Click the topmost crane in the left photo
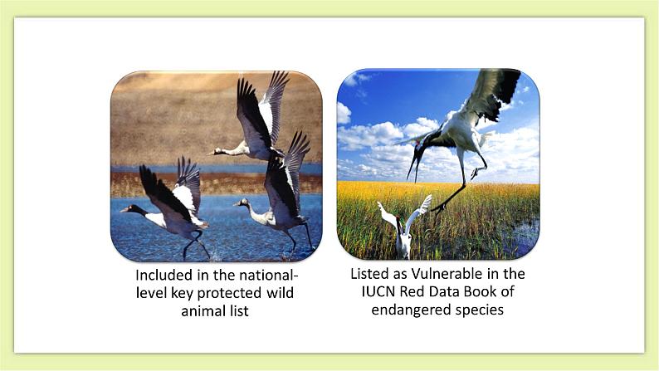pyautogui.click(x=253, y=124)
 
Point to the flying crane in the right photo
pyautogui.click(x=461, y=124)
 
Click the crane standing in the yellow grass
pyautogui.click(x=404, y=228)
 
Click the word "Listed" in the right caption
pyautogui.click(x=370, y=273)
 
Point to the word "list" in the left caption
pyautogui.click(x=239, y=311)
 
